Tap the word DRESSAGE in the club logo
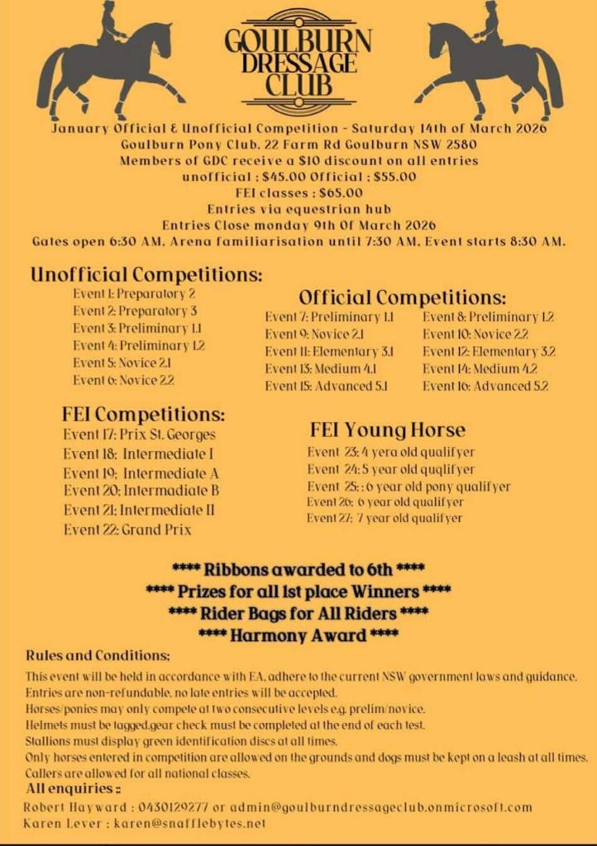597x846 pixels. point(298,62)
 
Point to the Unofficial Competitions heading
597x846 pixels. point(146,274)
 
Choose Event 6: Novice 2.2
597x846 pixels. point(123,380)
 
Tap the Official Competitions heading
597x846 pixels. point(402,297)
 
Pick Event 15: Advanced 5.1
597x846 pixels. point(327,385)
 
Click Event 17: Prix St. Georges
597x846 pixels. point(139,434)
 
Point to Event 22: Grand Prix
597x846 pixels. point(127,529)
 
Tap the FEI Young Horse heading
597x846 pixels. point(388,430)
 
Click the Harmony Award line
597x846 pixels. point(298,634)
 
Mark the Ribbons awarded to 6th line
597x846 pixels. point(298,569)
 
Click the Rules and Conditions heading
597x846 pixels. point(98,655)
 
